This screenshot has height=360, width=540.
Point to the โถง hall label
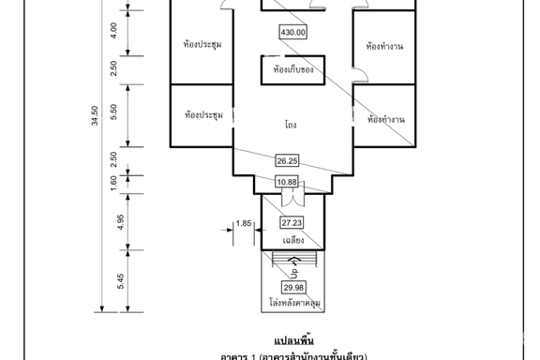tap(292, 124)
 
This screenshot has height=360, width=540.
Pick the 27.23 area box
tap(292, 221)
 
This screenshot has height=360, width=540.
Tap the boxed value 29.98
tap(292, 287)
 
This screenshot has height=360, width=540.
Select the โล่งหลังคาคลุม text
tap(292, 305)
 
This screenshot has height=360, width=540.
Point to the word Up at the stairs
tap(293, 271)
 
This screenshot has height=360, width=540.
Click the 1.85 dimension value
tap(244, 223)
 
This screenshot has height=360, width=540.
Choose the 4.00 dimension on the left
tap(113, 30)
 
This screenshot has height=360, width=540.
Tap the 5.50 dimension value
tap(113, 109)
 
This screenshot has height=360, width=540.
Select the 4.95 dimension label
tap(113, 220)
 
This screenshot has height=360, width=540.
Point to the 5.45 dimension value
tap(113, 279)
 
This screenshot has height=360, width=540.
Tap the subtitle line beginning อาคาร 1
tap(292, 354)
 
